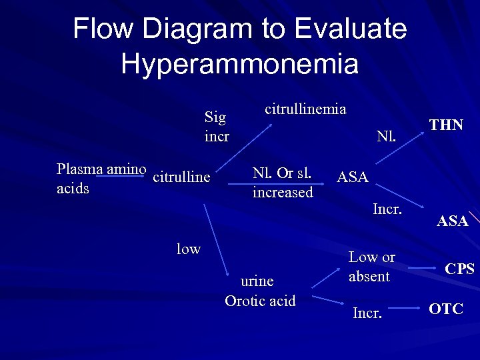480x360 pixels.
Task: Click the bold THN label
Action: (x=446, y=125)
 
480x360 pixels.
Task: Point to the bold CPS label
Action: (x=459, y=269)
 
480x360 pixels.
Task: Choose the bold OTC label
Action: (x=446, y=309)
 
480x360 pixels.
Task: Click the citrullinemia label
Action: (x=305, y=108)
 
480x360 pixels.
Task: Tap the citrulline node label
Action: (x=181, y=177)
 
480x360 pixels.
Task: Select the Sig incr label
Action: (x=216, y=127)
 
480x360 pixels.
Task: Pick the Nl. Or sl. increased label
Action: (x=283, y=182)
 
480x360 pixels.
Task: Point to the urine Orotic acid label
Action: (x=260, y=291)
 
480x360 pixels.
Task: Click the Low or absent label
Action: (x=372, y=266)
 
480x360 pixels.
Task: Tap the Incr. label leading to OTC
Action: (x=368, y=311)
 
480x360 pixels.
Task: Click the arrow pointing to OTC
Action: (x=405, y=309)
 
